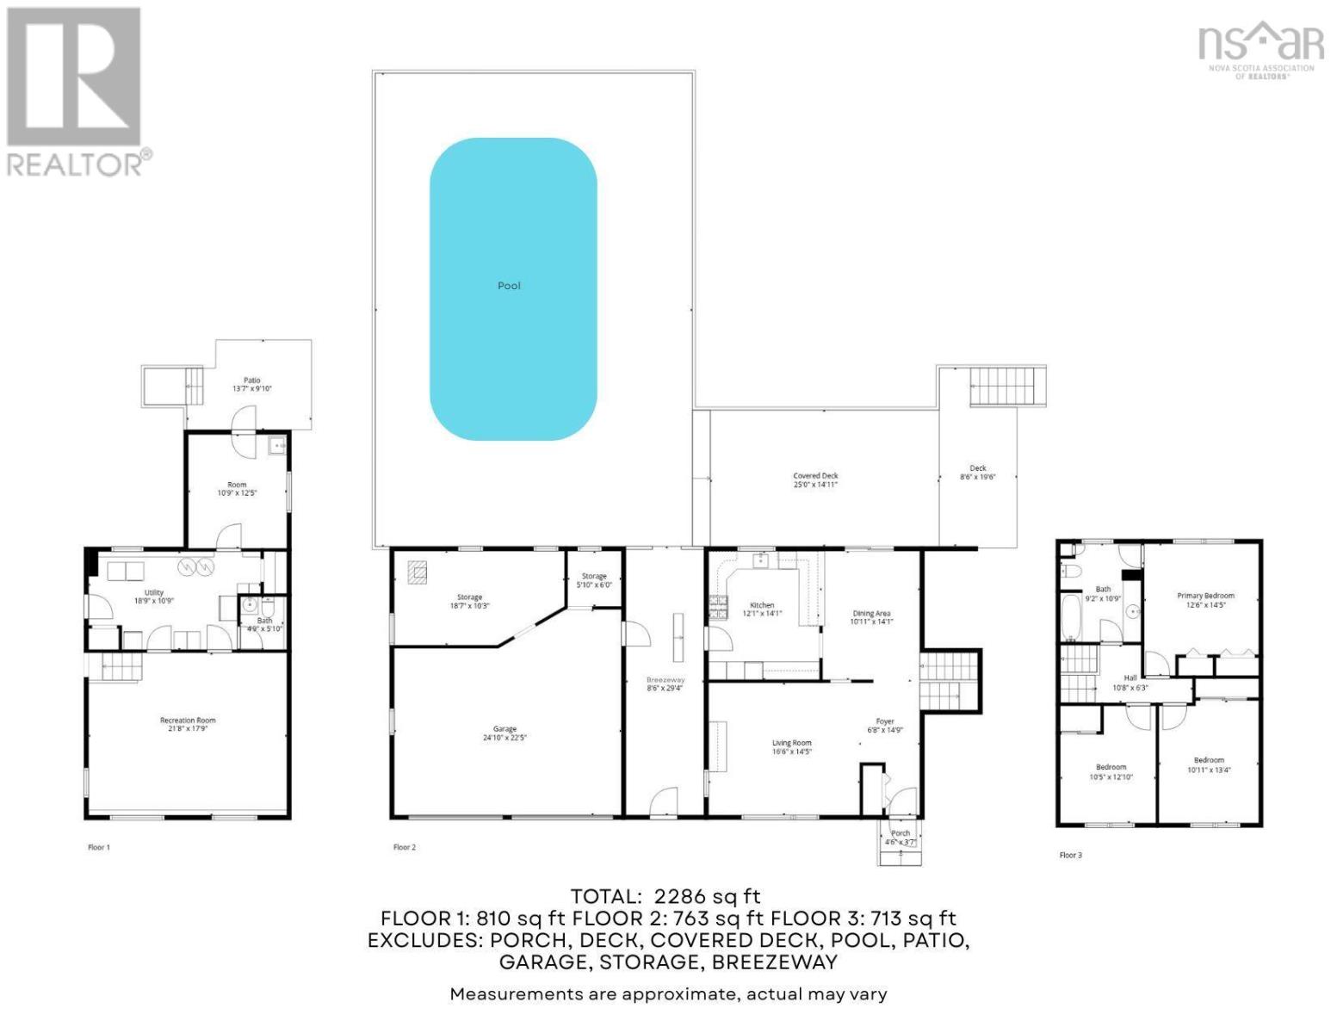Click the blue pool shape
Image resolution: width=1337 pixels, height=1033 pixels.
click(x=513, y=289)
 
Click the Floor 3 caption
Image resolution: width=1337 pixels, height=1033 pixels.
click(x=1070, y=855)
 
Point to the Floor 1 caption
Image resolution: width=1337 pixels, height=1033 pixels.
click(x=99, y=847)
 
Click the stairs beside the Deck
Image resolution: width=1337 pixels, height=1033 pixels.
click(x=1007, y=387)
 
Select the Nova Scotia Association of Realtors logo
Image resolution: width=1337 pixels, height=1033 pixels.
click(x=1261, y=49)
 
